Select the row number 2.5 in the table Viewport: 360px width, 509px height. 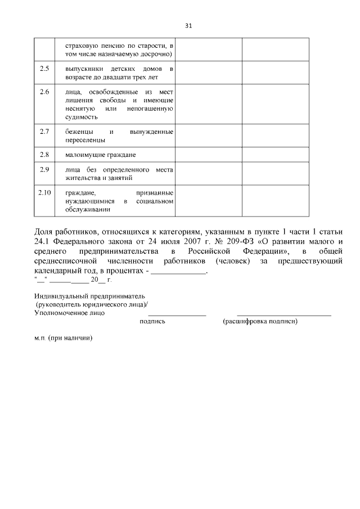point(44,69)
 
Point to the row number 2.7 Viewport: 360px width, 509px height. point(44,132)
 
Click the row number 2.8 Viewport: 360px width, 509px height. point(44,154)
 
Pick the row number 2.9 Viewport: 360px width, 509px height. point(44,169)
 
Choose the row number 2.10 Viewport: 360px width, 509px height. point(44,192)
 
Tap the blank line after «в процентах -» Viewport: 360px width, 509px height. point(179,271)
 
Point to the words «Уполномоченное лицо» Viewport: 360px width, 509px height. point(69,312)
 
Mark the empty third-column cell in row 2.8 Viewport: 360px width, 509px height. point(209,154)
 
